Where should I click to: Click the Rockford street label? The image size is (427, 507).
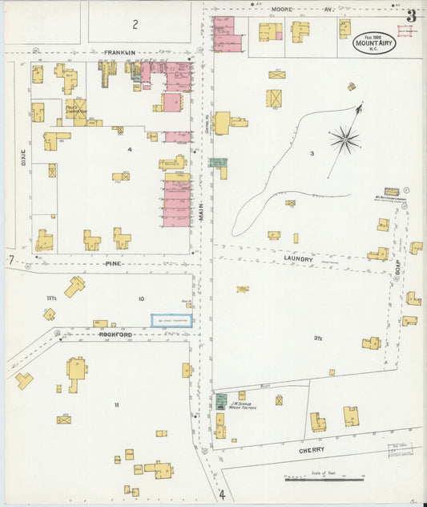coord(115,334)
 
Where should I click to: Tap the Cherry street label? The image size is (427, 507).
coord(311,451)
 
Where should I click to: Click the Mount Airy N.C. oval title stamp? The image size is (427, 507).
coord(374,43)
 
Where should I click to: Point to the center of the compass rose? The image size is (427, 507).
coord(344,140)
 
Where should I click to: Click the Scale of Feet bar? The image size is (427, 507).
coord(324,480)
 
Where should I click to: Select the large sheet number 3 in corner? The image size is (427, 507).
coord(411,15)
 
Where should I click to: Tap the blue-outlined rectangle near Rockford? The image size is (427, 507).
coord(171,320)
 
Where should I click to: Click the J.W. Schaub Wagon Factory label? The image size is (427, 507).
coord(241,405)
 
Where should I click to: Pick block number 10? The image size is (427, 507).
coord(141,299)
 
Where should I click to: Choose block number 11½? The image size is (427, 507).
coord(51,298)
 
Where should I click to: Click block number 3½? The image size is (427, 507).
coord(318,339)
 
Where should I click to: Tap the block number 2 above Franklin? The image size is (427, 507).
coord(135,24)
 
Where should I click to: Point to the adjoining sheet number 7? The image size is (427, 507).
coord(10,260)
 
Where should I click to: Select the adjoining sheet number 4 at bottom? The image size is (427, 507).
coord(222,495)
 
